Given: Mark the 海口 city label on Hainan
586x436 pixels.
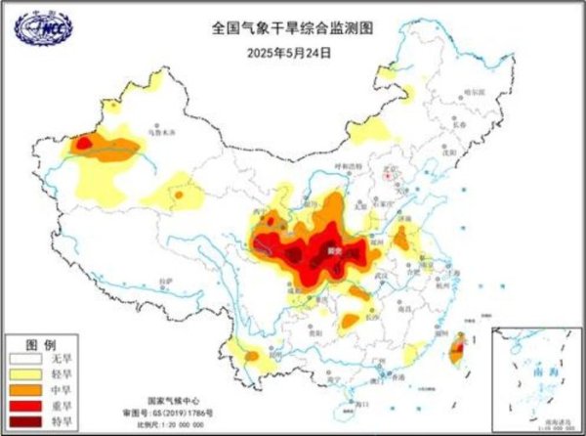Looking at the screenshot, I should (363, 402).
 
